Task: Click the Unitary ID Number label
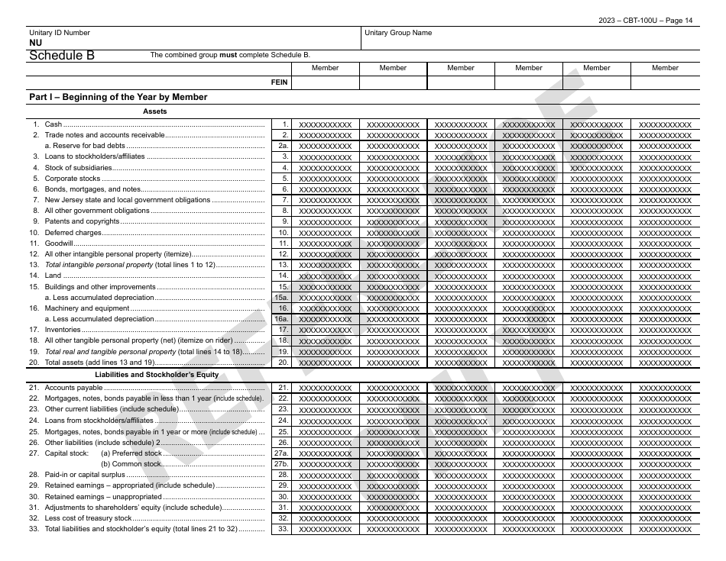[x=59, y=33]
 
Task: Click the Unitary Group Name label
[x=397, y=33]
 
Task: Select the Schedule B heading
[x=62, y=55]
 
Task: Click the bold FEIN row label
[x=280, y=82]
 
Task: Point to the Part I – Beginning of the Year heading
[x=118, y=97]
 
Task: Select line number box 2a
[x=282, y=146]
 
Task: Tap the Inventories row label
[x=63, y=330]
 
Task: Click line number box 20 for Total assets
[x=282, y=363]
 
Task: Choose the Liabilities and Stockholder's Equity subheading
[x=157, y=375]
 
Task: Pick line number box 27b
[x=282, y=463]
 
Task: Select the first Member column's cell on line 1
[x=325, y=124]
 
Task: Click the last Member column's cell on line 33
[x=664, y=529]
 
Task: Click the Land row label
[x=53, y=276]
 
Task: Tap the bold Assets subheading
[x=154, y=111]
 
